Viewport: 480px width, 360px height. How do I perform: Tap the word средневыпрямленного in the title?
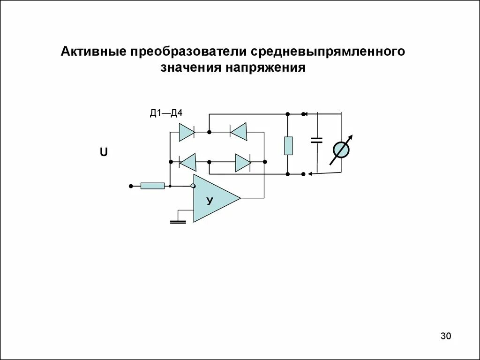click(329, 51)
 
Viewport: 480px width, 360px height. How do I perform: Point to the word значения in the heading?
click(191, 68)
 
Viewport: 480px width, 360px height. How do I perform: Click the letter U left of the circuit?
click(104, 152)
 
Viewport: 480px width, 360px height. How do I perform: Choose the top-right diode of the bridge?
click(239, 132)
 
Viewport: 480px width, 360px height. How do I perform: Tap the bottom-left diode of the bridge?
click(188, 163)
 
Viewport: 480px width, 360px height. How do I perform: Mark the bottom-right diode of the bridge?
click(243, 163)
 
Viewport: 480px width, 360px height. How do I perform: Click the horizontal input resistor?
click(153, 186)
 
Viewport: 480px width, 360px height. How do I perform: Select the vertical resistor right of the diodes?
click(288, 146)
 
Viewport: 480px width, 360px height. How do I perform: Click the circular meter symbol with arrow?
click(341, 150)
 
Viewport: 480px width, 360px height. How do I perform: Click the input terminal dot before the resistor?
click(131, 186)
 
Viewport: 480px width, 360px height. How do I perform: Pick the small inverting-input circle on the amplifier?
click(192, 186)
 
